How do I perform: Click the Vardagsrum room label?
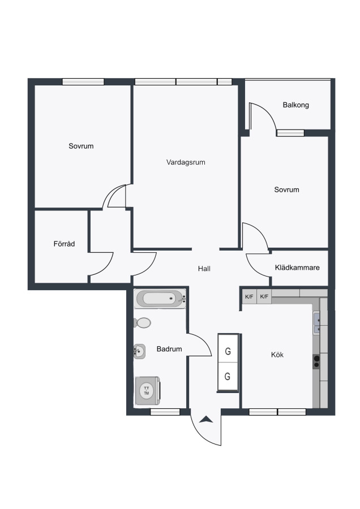(186, 162)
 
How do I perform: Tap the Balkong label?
(295, 105)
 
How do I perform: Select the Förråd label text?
(65, 244)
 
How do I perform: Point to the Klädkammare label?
(297, 268)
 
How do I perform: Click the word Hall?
(204, 269)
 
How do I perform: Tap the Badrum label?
(169, 349)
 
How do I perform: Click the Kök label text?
(277, 355)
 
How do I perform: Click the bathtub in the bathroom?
(161, 299)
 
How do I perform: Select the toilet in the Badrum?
(142, 323)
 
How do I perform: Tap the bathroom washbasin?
(139, 351)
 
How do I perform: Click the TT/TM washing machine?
(148, 391)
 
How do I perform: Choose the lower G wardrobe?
(228, 376)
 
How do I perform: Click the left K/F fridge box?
(249, 297)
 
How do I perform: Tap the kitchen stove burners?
(316, 361)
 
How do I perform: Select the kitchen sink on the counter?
(316, 322)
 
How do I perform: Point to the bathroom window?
(165, 412)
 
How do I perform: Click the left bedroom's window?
(83, 81)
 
